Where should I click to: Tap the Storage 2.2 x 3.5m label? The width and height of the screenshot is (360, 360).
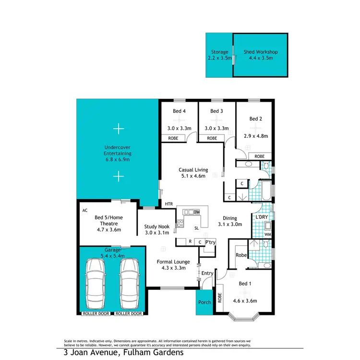[x=219, y=55]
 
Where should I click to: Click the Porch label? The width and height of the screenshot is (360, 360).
[x=204, y=302]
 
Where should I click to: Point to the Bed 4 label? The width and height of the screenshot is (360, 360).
[x=179, y=111]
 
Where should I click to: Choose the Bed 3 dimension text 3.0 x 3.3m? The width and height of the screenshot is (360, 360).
[x=217, y=128]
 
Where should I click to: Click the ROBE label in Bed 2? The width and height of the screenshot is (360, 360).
[x=259, y=156]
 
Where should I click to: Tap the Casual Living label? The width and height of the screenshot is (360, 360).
[x=192, y=169]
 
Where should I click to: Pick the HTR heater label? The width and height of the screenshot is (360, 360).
[x=168, y=204]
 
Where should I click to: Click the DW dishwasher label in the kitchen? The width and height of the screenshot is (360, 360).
[x=196, y=212]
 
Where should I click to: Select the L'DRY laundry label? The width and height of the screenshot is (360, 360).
[x=262, y=217]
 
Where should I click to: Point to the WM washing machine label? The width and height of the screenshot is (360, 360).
[x=267, y=235]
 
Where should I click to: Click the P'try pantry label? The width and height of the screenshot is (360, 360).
[x=210, y=242]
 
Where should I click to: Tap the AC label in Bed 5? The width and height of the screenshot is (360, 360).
[x=85, y=210]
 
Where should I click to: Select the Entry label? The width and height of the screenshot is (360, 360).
[x=207, y=273]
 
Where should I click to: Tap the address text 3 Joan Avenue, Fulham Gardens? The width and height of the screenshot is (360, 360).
[x=123, y=352]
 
